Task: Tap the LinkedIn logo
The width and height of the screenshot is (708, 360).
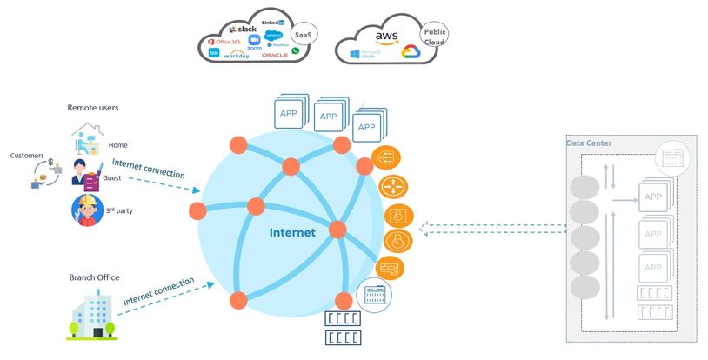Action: click(x=272, y=21)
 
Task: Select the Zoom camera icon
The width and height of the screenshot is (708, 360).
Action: click(x=255, y=40)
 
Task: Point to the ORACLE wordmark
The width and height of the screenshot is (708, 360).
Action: click(x=274, y=55)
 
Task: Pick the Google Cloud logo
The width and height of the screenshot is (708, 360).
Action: click(x=411, y=53)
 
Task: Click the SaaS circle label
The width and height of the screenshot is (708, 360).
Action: click(x=304, y=34)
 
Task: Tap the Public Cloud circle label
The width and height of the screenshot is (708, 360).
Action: click(x=434, y=36)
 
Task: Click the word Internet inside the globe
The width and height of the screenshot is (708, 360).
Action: click(x=292, y=232)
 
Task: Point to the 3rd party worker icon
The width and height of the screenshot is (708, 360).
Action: click(x=86, y=210)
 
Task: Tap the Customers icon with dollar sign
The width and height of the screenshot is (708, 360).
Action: click(x=46, y=172)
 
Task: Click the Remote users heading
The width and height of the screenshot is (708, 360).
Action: click(x=92, y=108)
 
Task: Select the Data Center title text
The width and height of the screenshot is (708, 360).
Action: click(x=589, y=143)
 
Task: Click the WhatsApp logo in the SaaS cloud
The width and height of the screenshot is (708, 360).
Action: click(x=296, y=51)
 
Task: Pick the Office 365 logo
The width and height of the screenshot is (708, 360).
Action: click(x=226, y=42)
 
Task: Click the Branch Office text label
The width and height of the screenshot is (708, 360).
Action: click(x=94, y=277)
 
